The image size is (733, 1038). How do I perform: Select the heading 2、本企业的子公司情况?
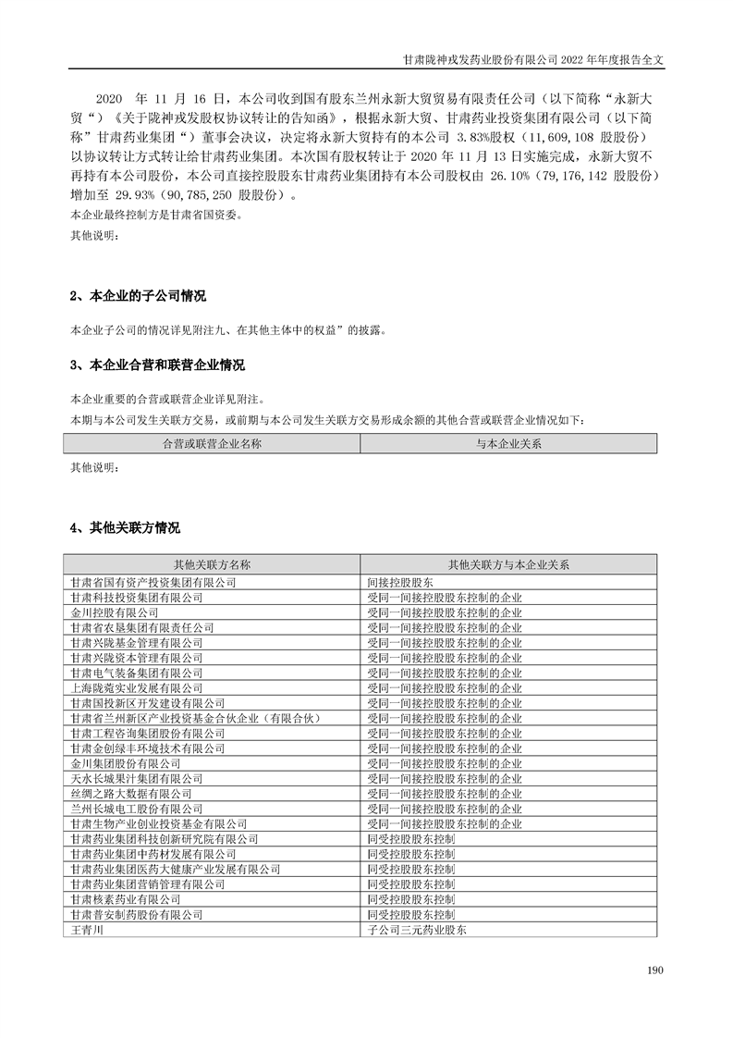(x=138, y=297)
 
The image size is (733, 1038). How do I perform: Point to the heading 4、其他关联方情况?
(x=125, y=528)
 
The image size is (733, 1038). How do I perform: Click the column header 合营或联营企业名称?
(x=212, y=444)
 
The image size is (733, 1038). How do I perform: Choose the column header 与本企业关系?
(x=508, y=444)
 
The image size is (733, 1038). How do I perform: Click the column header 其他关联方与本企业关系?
(x=508, y=563)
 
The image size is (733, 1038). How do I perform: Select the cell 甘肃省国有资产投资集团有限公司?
(x=153, y=583)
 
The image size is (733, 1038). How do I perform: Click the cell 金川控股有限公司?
(x=115, y=612)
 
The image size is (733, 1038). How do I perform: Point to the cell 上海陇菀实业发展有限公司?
(x=137, y=688)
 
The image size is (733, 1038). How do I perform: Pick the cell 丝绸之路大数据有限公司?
(x=131, y=794)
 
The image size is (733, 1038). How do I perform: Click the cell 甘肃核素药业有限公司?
(x=126, y=898)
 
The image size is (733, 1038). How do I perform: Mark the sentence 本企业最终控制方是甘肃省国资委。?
(x=155, y=216)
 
